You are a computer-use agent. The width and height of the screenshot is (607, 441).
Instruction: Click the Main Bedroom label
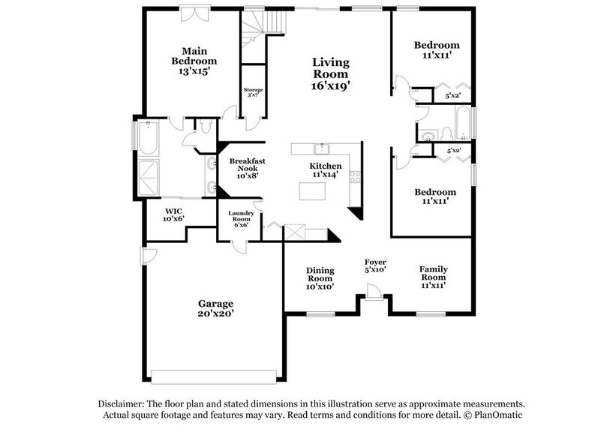point(194,55)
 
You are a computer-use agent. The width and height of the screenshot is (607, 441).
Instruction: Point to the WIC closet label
point(173,212)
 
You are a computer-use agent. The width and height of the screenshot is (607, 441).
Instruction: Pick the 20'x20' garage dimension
point(215,316)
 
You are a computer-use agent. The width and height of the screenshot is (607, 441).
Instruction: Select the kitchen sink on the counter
point(320,147)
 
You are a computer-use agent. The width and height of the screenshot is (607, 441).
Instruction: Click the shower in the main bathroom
point(148,177)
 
